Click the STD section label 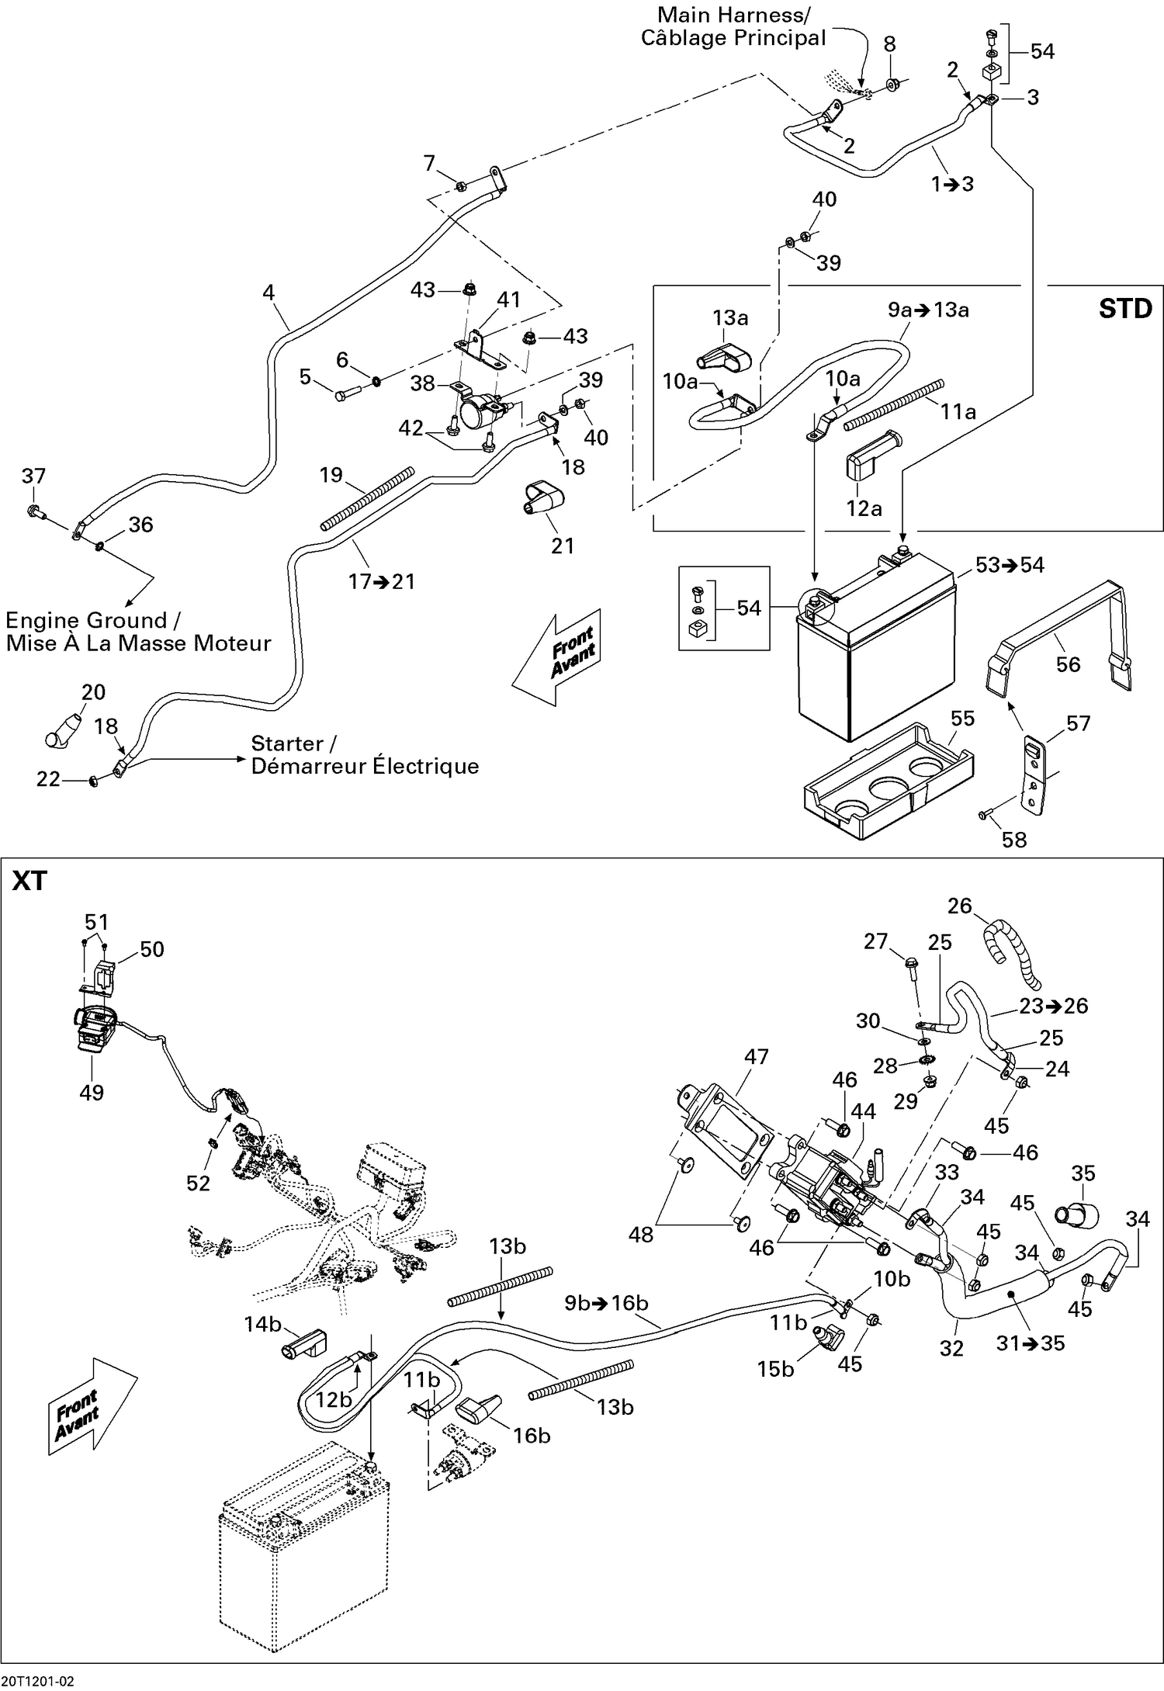pyautogui.click(x=1124, y=309)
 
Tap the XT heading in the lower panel pyautogui.click(x=30, y=881)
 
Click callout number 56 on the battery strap pyautogui.click(x=1068, y=664)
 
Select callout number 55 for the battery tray pyautogui.click(x=962, y=718)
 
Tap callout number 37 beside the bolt pyautogui.click(x=33, y=476)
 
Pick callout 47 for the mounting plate pyautogui.click(x=756, y=1056)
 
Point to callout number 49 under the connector pyautogui.click(x=92, y=1092)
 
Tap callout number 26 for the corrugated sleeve pyautogui.click(x=959, y=906)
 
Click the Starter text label pyautogui.click(x=293, y=743)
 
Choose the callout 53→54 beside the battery pyautogui.click(x=1009, y=565)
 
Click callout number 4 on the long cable pyautogui.click(x=268, y=293)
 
